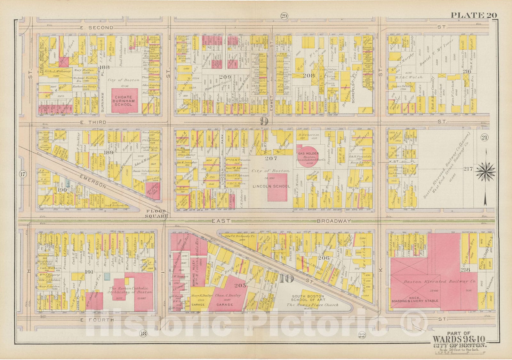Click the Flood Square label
[157, 214]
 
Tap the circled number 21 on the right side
[484, 138]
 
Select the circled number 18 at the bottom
[143, 334]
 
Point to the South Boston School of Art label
[308, 298]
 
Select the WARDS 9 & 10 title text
[460, 339]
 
